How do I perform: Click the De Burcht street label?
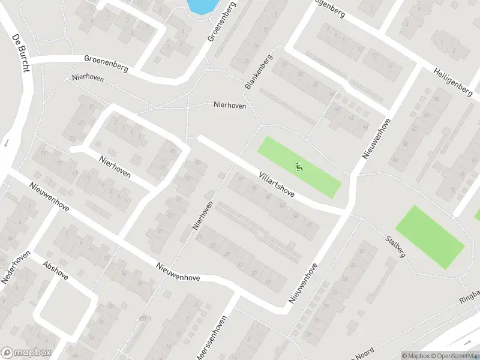click(20, 53)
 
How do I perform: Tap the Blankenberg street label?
click(259, 72)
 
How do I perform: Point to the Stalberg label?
click(396, 245)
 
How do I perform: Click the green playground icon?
click(300, 167)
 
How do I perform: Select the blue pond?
click(203, 6)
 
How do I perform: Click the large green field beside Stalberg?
click(429, 236)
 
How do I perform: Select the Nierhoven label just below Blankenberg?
click(229, 104)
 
